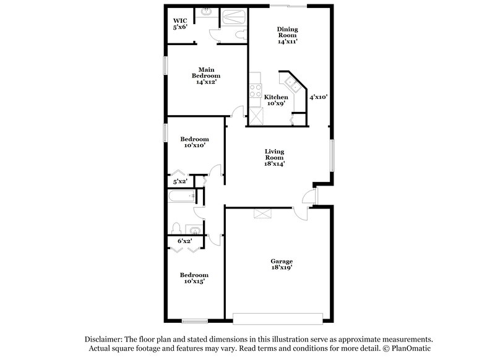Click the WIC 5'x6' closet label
180,24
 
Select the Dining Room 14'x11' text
288,34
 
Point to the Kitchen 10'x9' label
276,101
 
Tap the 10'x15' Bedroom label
194,278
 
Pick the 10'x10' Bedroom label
194,142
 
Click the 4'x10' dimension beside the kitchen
319,96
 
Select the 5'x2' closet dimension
179,181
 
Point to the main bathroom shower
233,15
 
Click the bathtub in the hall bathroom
182,197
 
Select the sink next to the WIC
206,11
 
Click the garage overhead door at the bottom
279,319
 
